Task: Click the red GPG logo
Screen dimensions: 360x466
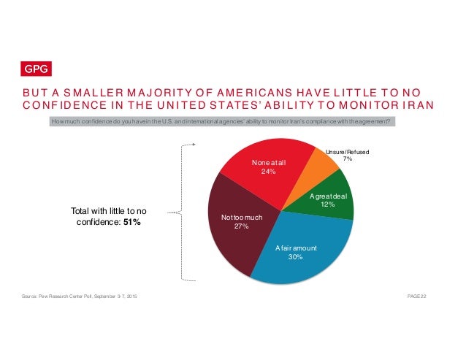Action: (x=34, y=69)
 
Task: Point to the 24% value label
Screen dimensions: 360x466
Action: (x=268, y=172)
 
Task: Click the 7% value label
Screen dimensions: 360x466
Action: (x=348, y=159)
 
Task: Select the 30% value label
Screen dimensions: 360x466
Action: (x=296, y=257)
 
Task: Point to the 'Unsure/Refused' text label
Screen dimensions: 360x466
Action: (x=348, y=151)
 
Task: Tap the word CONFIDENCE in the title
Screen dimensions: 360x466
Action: (x=58, y=105)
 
